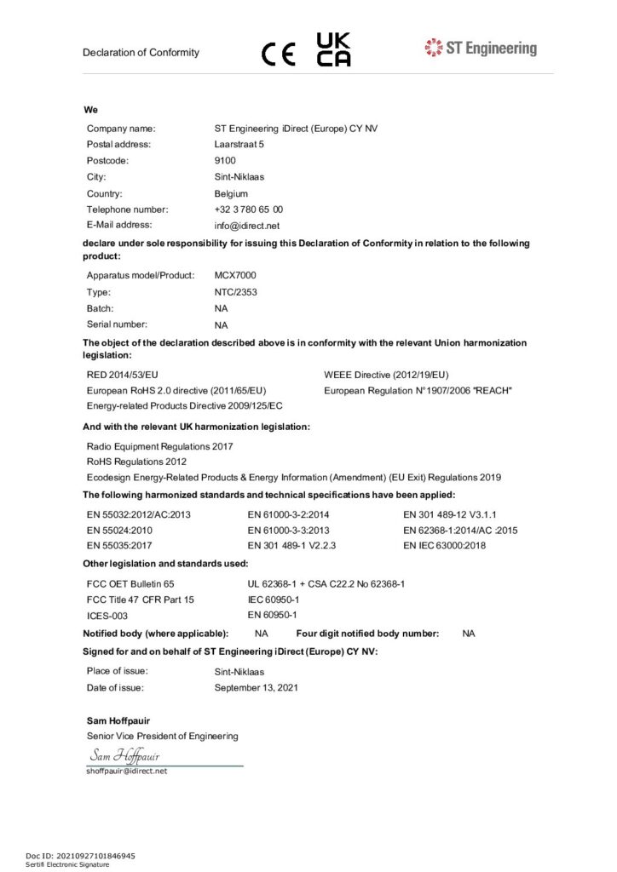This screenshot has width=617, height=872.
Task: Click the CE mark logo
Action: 279,54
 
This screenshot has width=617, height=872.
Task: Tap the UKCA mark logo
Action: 333,49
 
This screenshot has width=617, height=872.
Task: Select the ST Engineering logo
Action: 481,48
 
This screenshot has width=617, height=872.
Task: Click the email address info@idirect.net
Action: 247,226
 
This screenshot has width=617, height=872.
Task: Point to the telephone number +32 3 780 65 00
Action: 249,209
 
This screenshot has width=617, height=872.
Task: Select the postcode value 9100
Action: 225,160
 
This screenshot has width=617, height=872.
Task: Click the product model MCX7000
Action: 235,275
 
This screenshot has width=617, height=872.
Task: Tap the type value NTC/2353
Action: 236,292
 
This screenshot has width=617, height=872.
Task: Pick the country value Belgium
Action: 231,193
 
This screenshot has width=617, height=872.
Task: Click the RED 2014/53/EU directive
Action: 123,374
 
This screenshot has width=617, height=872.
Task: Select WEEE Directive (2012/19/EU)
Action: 386,374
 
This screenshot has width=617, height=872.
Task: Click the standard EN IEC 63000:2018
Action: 444,546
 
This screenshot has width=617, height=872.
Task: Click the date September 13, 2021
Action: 257,687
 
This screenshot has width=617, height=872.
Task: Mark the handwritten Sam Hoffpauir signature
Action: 124,755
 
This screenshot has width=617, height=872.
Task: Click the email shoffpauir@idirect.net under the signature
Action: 127,771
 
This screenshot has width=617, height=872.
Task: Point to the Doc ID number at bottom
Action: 80,855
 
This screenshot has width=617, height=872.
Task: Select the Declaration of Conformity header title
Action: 141,53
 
